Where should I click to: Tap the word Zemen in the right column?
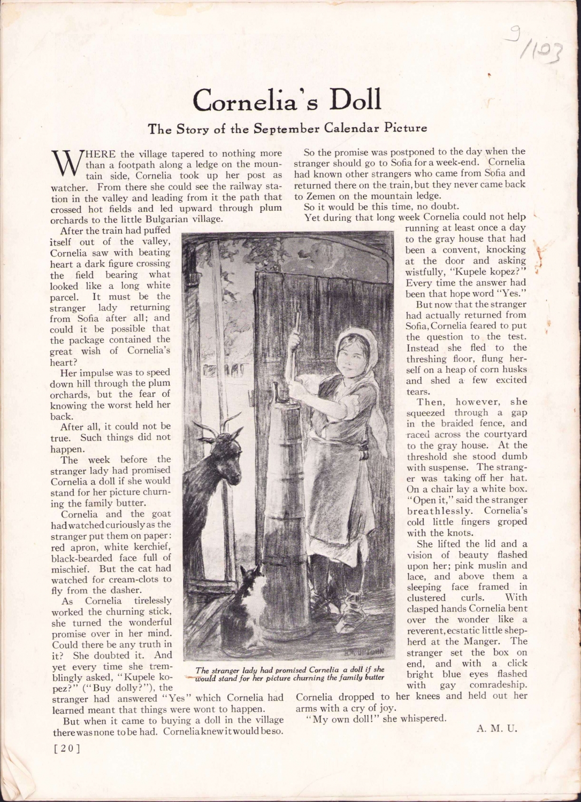coord(320,195)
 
